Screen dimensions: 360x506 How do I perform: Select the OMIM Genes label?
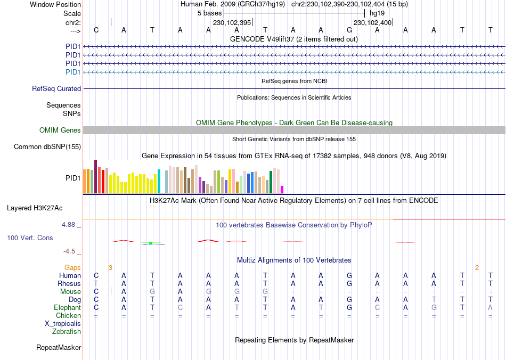pyautogui.click(x=60, y=130)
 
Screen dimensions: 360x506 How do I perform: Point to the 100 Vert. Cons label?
pyautogui.click(x=30, y=238)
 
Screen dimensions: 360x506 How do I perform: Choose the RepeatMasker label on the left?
pyautogui.click(x=59, y=348)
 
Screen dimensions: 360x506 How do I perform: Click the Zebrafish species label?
pyautogui.click(x=67, y=332)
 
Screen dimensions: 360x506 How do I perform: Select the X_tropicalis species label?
pyautogui.click(x=63, y=324)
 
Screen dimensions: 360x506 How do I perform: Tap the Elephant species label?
pyautogui.click(x=67, y=308)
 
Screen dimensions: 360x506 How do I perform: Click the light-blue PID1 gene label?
pyautogui.click(x=73, y=72)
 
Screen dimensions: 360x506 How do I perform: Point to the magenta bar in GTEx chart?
pyautogui.click(x=282, y=190)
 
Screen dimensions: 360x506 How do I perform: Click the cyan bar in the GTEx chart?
pyautogui.click(x=159, y=181)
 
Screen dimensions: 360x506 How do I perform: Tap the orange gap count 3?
pyautogui.click(x=110, y=267)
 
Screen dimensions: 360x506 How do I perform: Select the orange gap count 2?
pyautogui.click(x=477, y=267)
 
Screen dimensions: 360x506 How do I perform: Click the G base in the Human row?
pyautogui.click(x=349, y=276)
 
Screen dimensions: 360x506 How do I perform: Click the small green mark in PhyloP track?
pyautogui.click(x=151, y=243)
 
